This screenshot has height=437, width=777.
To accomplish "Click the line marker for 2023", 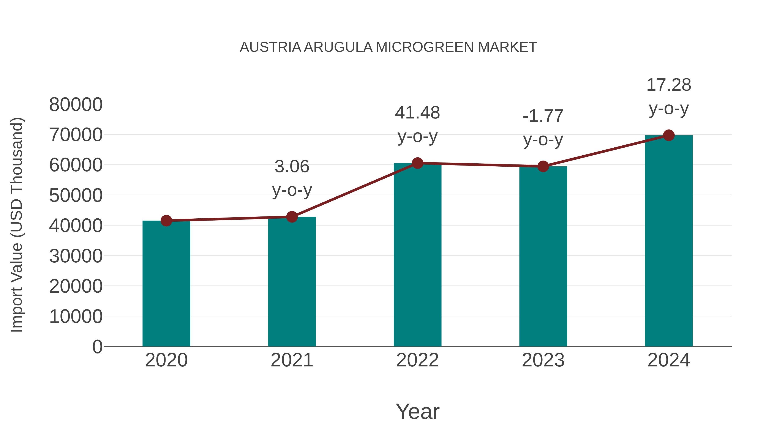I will pyautogui.click(x=543, y=166).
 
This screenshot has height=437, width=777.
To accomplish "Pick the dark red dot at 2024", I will pyautogui.click(x=669, y=135).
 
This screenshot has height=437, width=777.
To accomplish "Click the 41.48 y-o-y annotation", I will pyautogui.click(x=417, y=124).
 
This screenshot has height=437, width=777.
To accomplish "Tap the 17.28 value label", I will pyautogui.click(x=669, y=85).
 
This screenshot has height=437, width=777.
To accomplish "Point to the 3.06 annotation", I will pyautogui.click(x=292, y=166).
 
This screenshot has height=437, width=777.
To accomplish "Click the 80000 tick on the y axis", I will pyautogui.click(x=76, y=105).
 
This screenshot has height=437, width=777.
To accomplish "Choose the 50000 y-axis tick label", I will pyautogui.click(x=76, y=196).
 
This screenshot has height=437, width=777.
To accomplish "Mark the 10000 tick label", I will pyautogui.click(x=76, y=317).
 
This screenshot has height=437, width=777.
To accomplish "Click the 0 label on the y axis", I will pyautogui.click(x=97, y=347).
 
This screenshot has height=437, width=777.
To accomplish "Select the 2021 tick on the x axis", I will pyautogui.click(x=292, y=360).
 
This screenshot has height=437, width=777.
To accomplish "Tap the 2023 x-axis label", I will pyautogui.click(x=543, y=360).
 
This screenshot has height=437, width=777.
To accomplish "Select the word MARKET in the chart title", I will pyautogui.click(x=507, y=47).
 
